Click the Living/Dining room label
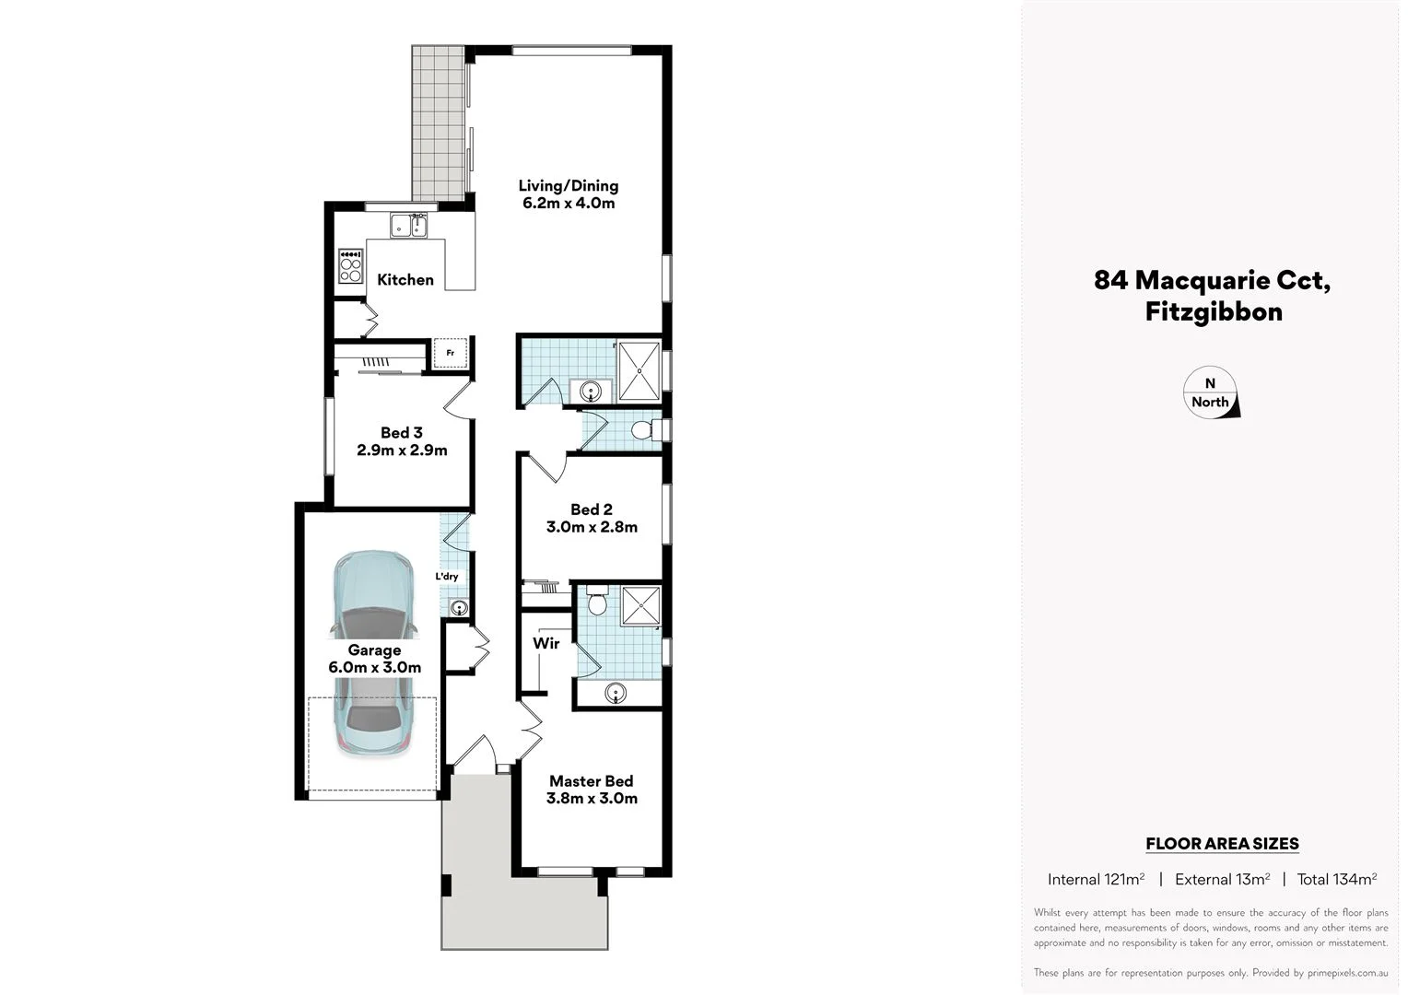tap(568, 186)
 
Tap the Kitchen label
tap(405, 280)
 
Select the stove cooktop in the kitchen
tap(351, 266)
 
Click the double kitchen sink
tap(408, 225)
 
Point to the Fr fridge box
tap(450, 353)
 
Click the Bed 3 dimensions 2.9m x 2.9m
tap(402, 451)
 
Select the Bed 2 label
tap(591, 509)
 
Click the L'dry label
tap(447, 577)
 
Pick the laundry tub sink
tap(459, 607)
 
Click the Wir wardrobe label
tap(546, 643)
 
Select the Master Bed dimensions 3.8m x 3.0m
tap(592, 799)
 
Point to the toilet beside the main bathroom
tap(644, 430)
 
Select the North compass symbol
tap(1211, 393)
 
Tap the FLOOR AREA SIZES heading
tap(1221, 843)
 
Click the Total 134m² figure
tap(1336, 879)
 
